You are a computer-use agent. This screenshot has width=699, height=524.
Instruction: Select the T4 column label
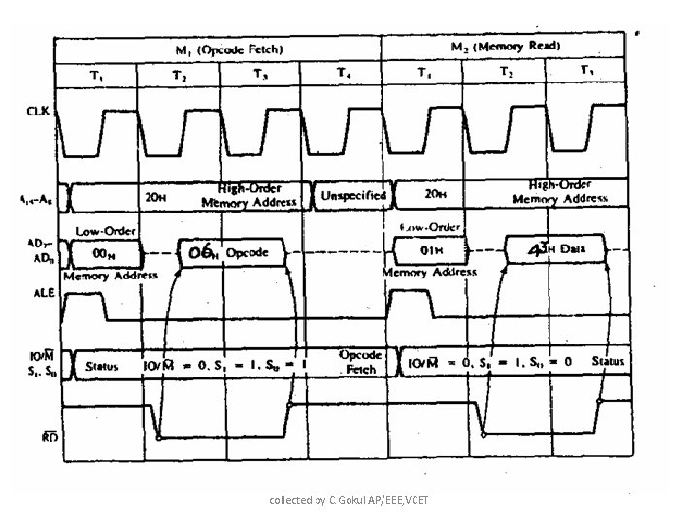[x=345, y=74]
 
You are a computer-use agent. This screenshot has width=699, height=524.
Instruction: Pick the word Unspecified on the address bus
[x=353, y=196]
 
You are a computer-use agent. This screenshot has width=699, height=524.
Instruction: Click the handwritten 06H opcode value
[x=203, y=252]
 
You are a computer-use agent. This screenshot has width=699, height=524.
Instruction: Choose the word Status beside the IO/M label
[x=101, y=367]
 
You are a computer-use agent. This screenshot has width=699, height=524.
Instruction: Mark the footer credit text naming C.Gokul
[x=349, y=499]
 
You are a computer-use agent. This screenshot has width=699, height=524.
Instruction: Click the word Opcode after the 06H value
[x=248, y=253]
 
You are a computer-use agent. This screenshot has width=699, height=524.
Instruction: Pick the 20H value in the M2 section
[x=434, y=194]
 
